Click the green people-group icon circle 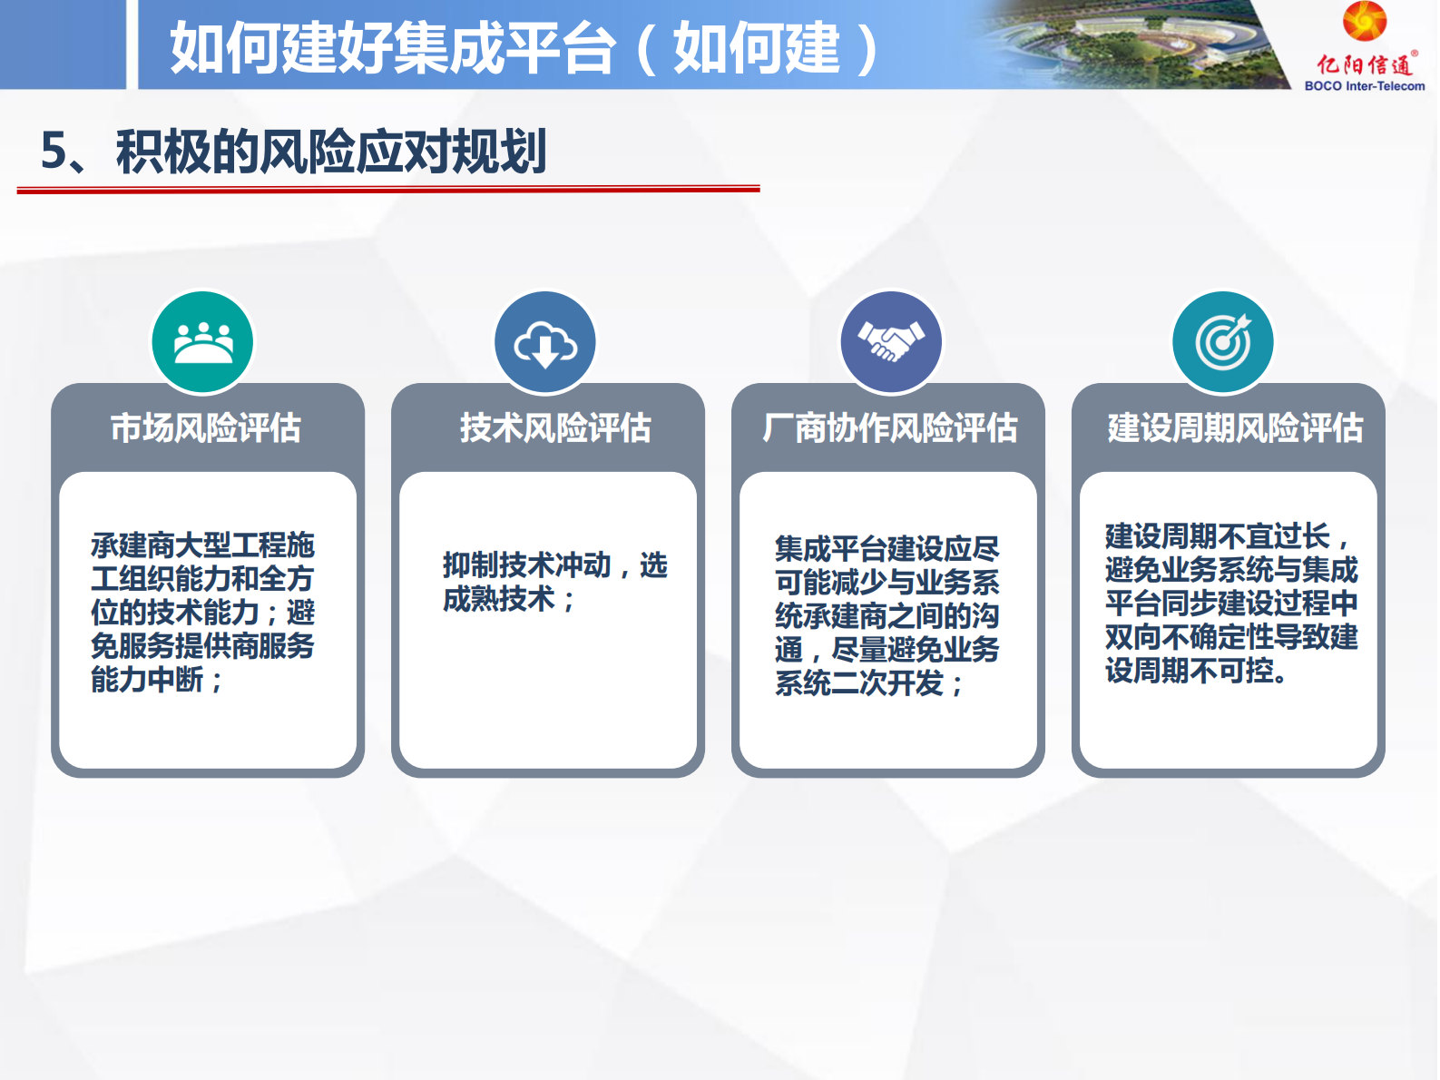[202, 342]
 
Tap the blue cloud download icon [544, 342]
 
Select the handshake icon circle [891, 342]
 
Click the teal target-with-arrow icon [1222, 342]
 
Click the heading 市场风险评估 [206, 427]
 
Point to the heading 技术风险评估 [554, 427]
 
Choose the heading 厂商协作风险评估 [889, 427]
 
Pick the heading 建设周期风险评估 [1234, 427]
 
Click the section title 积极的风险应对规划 [330, 151]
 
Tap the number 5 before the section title [54, 151]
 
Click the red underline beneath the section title [387, 189]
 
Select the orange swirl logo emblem [1365, 21]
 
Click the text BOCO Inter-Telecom [1364, 86]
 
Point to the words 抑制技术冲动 [526, 565]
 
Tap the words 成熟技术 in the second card [498, 599]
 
